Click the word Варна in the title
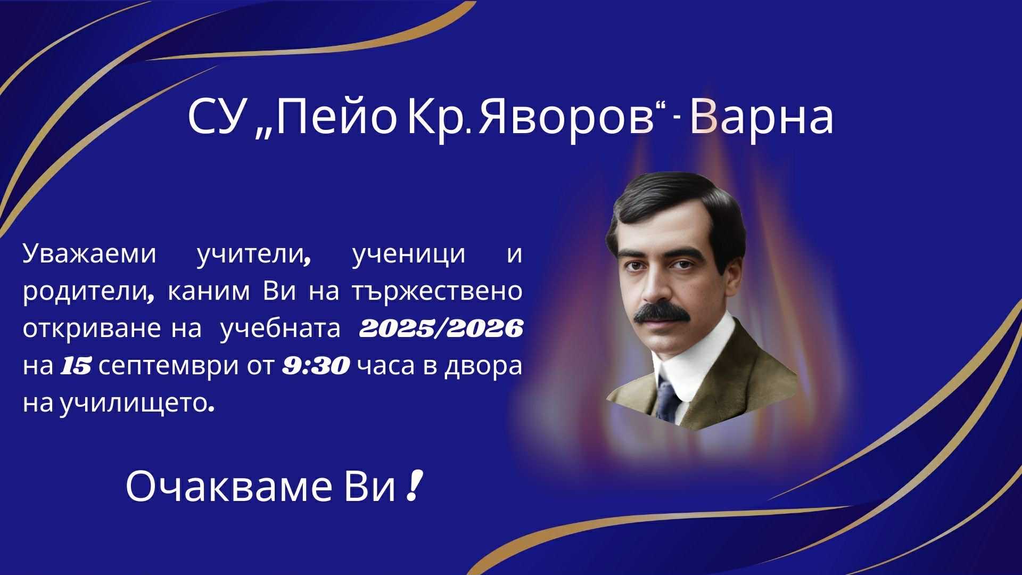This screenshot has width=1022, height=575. pyautogui.click(x=762, y=118)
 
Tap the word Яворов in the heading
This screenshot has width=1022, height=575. pyautogui.click(x=567, y=118)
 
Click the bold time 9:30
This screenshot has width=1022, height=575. pyautogui.click(x=316, y=366)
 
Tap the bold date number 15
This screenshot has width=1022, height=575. pyautogui.click(x=76, y=366)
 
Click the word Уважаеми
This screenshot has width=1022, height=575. pyautogui.click(x=89, y=254)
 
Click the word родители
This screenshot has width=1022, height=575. pyautogui.click(x=86, y=292)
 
